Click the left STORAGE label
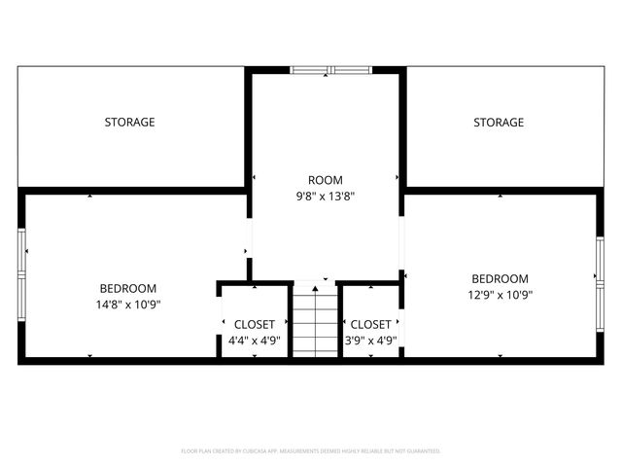point(130,123)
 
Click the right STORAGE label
point(499,123)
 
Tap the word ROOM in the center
point(326,180)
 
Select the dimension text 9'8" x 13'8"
point(326,197)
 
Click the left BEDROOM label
point(128,289)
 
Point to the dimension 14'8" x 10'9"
point(128,305)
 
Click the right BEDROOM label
point(501,278)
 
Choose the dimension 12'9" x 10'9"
point(501,294)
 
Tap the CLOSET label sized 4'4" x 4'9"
point(255,324)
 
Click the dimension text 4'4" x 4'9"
point(255,341)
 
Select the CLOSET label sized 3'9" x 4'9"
point(370,324)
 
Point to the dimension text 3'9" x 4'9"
point(370,341)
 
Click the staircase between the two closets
point(315,321)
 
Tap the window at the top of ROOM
point(330,70)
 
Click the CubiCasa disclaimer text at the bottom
point(311,451)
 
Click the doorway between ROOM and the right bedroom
point(401,243)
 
